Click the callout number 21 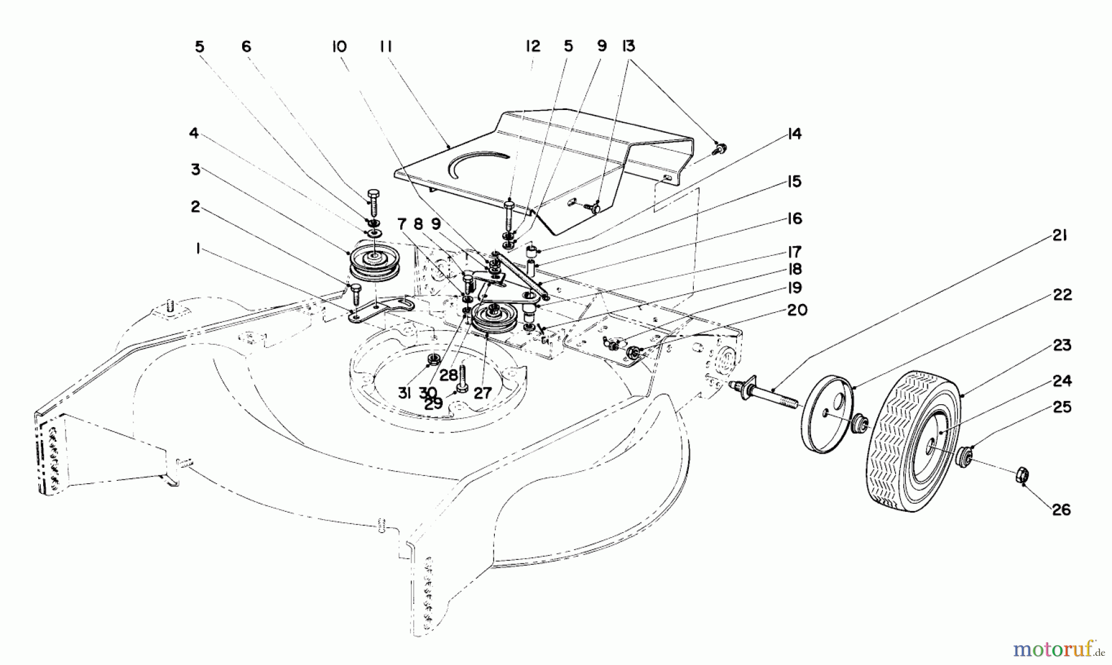1060,235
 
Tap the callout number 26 1061,510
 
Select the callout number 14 794,133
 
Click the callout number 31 404,392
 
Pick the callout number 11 387,46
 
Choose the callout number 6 246,46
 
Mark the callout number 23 1061,345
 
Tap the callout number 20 797,310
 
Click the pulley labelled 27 496,318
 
